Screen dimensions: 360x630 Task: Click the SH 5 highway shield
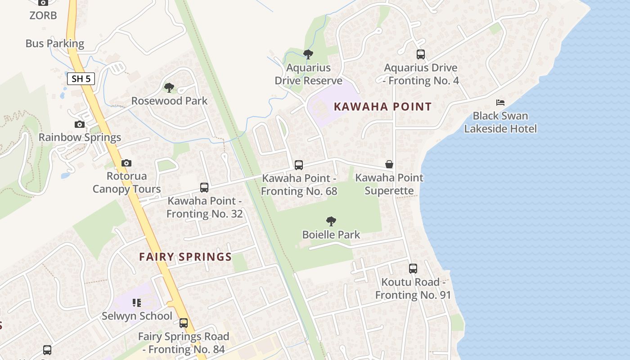point(81,79)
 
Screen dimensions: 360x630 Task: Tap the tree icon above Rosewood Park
point(169,87)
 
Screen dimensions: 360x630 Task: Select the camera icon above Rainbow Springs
point(80,124)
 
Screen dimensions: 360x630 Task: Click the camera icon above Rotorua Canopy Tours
point(126,163)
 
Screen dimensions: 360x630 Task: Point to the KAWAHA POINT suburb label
point(382,107)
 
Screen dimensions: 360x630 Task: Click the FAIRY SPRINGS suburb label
point(185,257)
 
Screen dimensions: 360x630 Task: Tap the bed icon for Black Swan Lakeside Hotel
point(500,103)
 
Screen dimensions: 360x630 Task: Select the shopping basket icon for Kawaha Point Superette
point(389,165)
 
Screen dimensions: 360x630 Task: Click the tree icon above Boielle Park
point(331,221)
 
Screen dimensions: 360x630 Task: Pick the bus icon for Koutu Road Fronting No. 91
point(413,269)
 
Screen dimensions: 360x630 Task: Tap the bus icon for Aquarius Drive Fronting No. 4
point(421,54)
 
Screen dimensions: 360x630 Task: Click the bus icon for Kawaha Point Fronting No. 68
point(299,165)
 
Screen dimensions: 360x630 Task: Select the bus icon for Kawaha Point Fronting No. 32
point(204,188)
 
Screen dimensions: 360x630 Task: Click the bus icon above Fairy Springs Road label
point(183,323)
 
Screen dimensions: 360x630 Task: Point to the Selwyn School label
point(137,316)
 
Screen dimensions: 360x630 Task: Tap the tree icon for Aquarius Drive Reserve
point(308,55)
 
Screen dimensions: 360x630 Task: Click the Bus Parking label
point(55,44)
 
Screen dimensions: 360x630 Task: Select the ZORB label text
point(43,16)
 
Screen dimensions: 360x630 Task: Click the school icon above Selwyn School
point(137,303)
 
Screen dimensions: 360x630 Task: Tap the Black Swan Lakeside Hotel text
point(500,122)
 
